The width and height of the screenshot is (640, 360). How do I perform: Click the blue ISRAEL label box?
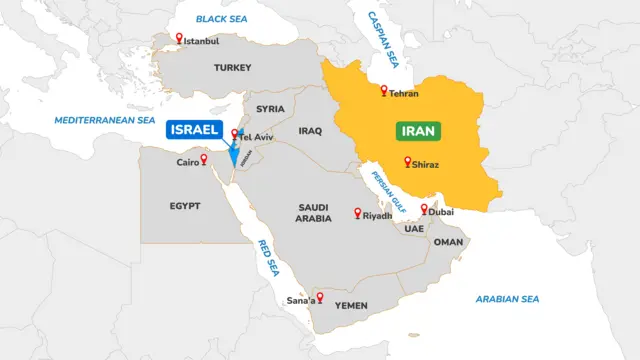(194, 129)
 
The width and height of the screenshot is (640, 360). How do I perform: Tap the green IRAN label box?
(419, 131)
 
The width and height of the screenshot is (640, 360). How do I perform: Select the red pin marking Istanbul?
(179, 39)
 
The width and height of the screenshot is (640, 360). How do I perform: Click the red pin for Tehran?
(383, 91)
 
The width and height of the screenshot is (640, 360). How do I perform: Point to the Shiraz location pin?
(407, 161)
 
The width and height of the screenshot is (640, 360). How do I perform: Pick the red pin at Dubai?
(425, 209)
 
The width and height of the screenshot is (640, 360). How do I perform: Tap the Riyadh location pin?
(358, 213)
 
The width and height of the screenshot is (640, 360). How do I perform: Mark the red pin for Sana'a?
(320, 297)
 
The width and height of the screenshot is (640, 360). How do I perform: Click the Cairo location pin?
(204, 159)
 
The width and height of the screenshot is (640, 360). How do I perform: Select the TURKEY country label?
(232, 68)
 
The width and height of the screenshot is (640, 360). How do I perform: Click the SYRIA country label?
(270, 109)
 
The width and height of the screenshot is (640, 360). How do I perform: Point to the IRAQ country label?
(310, 131)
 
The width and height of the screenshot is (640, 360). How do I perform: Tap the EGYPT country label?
(185, 205)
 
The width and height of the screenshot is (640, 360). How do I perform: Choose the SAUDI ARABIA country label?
(313, 213)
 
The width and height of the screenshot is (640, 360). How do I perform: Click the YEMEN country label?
(351, 305)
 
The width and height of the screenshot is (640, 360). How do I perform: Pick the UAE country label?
(414, 228)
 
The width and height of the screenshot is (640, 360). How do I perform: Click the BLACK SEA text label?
(221, 18)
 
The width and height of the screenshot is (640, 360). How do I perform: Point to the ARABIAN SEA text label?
(507, 298)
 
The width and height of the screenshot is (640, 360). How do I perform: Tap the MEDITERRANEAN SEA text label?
(105, 120)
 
